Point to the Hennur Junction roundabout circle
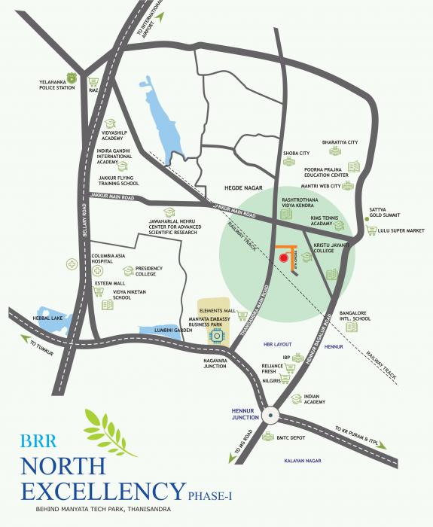click(x=271, y=414)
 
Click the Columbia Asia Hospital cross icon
click(x=72, y=264)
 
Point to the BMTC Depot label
click(x=293, y=437)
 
